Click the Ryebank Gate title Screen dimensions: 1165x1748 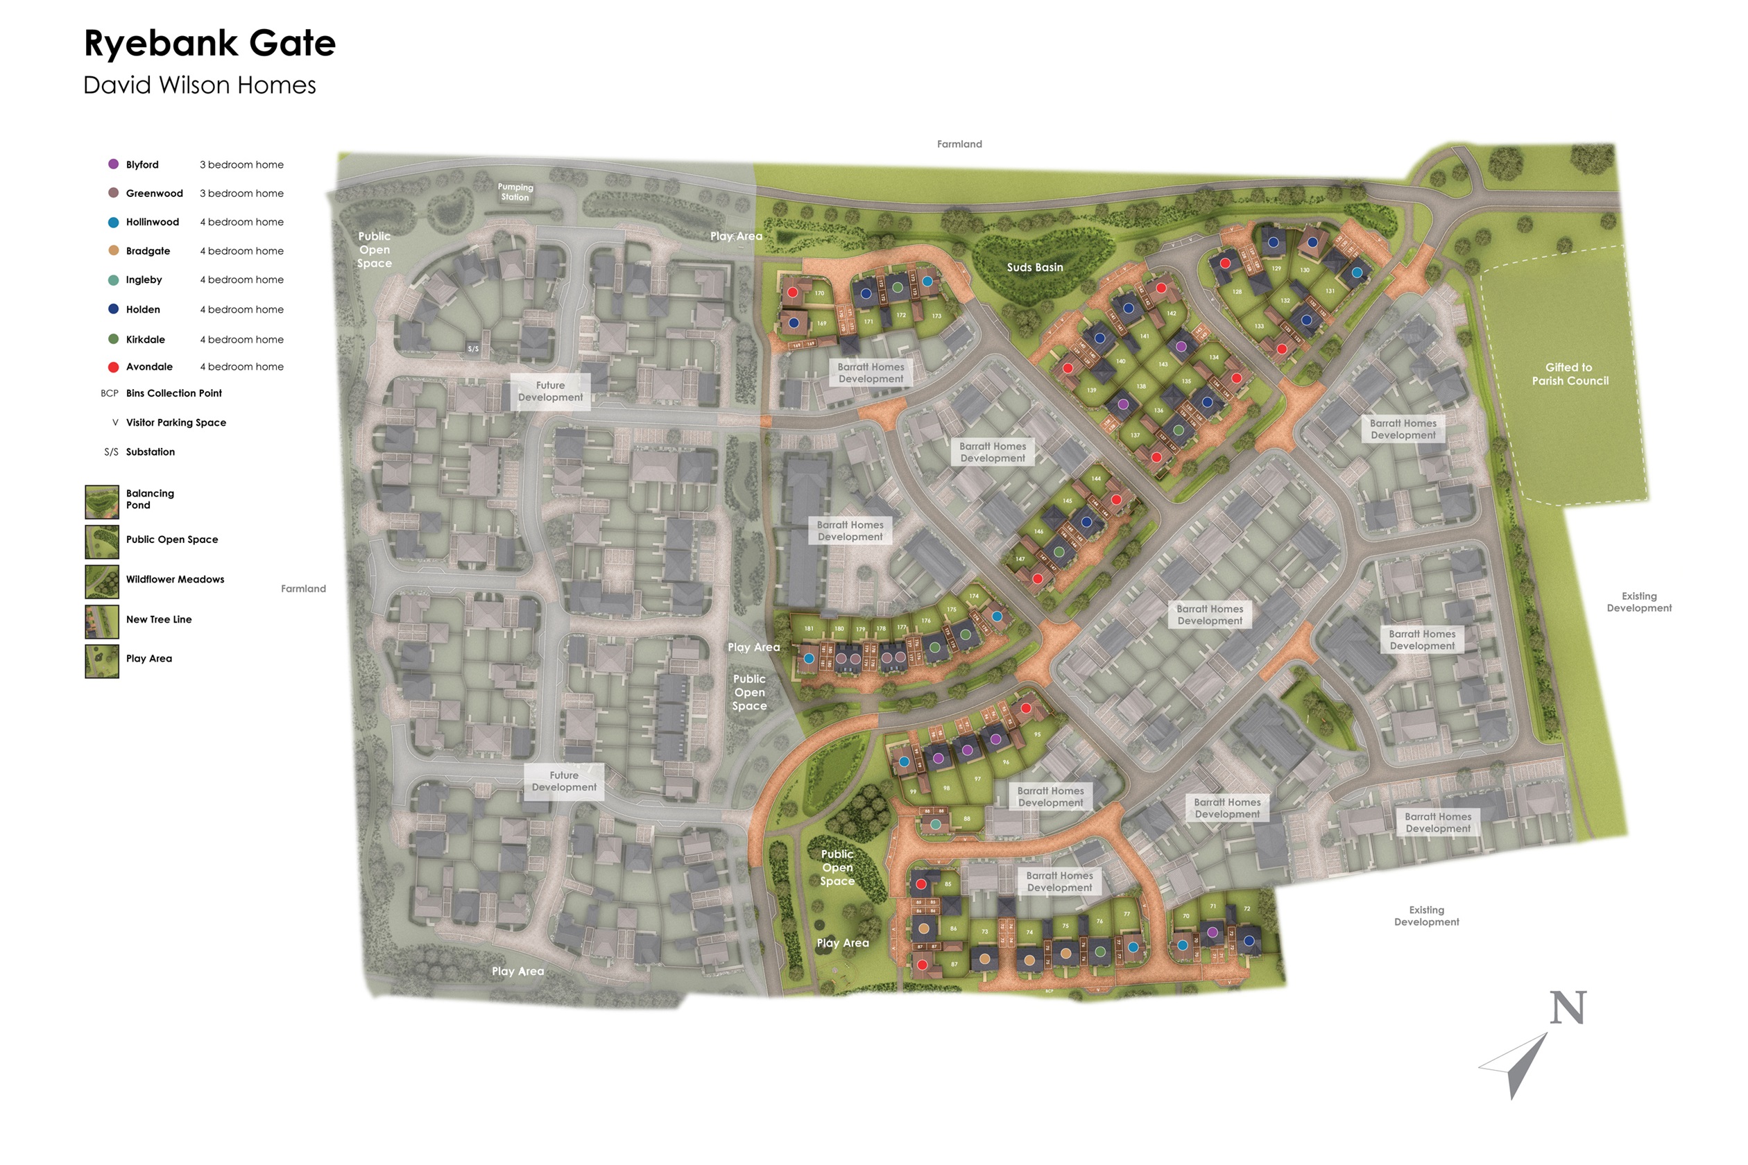[x=209, y=43]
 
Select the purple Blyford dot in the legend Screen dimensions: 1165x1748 [x=114, y=164]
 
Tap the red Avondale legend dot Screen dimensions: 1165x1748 [x=114, y=367]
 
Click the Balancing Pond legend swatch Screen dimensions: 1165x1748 [x=102, y=502]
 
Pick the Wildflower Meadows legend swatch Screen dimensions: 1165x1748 [x=102, y=582]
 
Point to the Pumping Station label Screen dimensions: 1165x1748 [x=515, y=191]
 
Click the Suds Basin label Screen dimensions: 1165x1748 [x=1034, y=268]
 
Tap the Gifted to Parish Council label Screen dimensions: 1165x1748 [x=1570, y=374]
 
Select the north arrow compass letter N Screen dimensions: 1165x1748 [x=1568, y=1008]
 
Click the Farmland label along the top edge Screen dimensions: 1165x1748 [x=959, y=144]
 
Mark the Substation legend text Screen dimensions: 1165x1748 [x=150, y=451]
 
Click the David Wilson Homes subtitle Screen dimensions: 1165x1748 [x=200, y=85]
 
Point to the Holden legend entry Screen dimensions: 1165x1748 [x=143, y=309]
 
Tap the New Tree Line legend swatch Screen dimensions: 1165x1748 [x=102, y=622]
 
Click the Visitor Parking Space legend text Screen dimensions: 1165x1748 [x=176, y=423]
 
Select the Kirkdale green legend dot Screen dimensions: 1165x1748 [x=114, y=339]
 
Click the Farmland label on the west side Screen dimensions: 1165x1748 [x=303, y=589]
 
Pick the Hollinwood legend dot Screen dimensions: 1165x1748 [x=114, y=222]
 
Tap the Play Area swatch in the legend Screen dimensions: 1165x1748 [x=102, y=662]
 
